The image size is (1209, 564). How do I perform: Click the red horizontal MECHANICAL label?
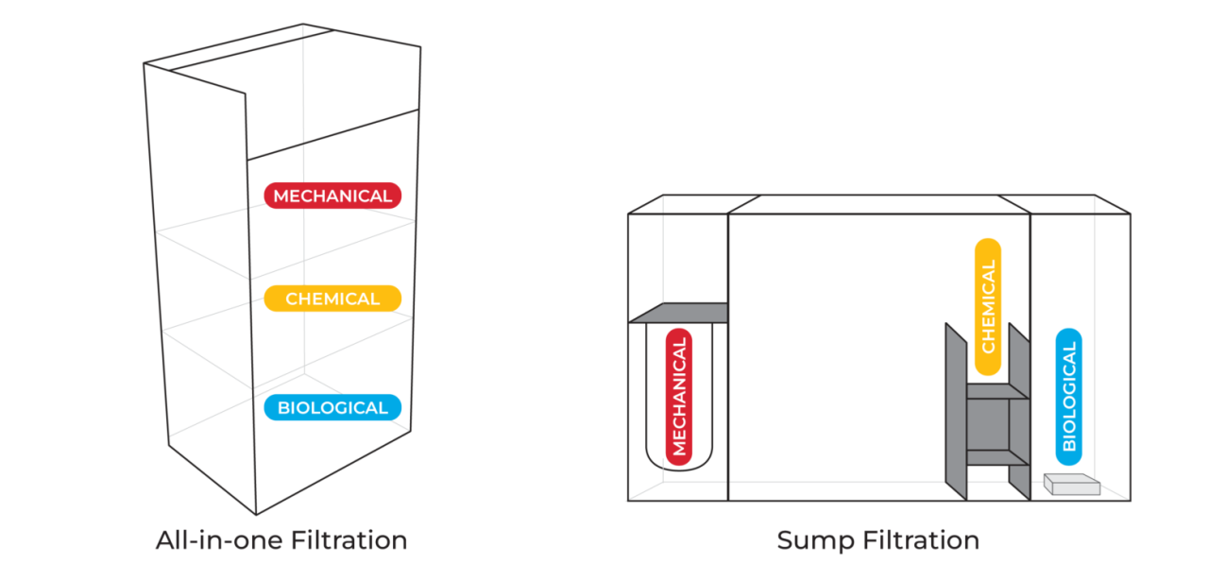coord(332,196)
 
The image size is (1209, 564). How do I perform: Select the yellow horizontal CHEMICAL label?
coord(332,299)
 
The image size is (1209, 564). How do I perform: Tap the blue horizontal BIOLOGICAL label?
coord(332,408)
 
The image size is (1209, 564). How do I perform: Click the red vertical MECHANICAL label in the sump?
coord(679,397)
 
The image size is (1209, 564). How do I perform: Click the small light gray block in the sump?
coord(1071,485)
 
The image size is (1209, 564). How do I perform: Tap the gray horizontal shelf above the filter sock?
coord(678,313)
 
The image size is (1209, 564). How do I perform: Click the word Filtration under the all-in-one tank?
coord(347,540)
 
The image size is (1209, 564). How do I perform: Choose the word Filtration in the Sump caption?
coord(920,540)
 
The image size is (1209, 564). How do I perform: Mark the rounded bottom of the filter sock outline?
coord(679,465)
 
